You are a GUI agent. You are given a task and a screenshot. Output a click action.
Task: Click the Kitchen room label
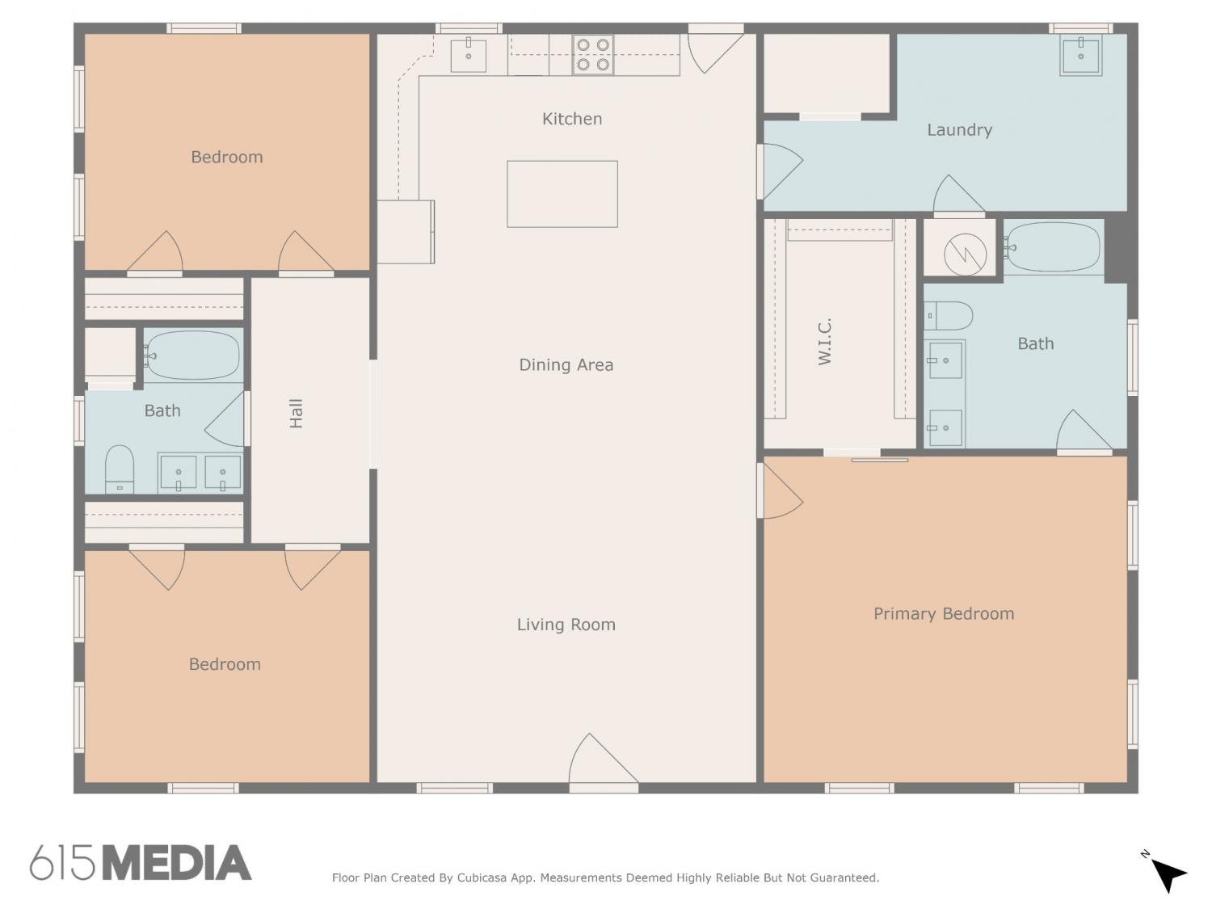point(571,119)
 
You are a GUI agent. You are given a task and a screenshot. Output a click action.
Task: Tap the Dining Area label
point(566,365)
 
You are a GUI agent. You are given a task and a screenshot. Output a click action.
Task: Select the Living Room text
point(566,625)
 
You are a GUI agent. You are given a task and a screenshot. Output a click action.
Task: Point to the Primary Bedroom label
point(944,614)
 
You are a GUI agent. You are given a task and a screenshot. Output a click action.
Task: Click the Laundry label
point(959,130)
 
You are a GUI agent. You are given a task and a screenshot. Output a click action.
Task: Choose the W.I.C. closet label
point(824,342)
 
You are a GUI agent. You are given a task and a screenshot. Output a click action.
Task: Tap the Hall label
point(296,414)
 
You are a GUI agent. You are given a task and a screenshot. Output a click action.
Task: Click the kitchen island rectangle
point(562,194)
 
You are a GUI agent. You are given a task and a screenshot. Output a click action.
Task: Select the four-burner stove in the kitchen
point(592,55)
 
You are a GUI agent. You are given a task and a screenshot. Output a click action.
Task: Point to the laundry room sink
point(1080,55)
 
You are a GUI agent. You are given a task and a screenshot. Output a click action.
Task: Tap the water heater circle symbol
point(965,255)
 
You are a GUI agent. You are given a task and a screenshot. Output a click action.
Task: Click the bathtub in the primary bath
point(1054,247)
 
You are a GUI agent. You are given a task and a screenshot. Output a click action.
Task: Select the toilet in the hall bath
point(120,469)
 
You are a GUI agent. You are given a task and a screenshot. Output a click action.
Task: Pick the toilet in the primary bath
point(948,316)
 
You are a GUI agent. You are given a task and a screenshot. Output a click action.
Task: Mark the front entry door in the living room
point(604,764)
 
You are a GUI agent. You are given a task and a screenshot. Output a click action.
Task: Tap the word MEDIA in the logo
point(177,863)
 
